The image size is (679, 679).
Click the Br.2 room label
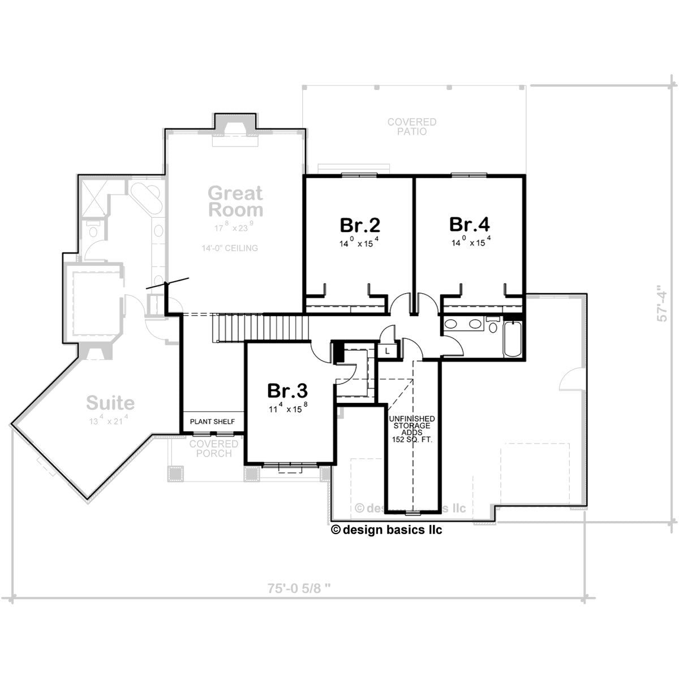[360, 225]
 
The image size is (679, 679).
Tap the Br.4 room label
[469, 224]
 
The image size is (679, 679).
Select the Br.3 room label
[287, 391]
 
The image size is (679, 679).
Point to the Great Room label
[235, 201]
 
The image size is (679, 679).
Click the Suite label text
[110, 403]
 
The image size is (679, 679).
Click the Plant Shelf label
[212, 422]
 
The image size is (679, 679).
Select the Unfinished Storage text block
[412, 429]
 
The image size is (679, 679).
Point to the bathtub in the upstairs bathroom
[512, 339]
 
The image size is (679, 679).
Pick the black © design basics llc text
[386, 530]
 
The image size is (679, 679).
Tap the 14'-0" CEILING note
[230, 248]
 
